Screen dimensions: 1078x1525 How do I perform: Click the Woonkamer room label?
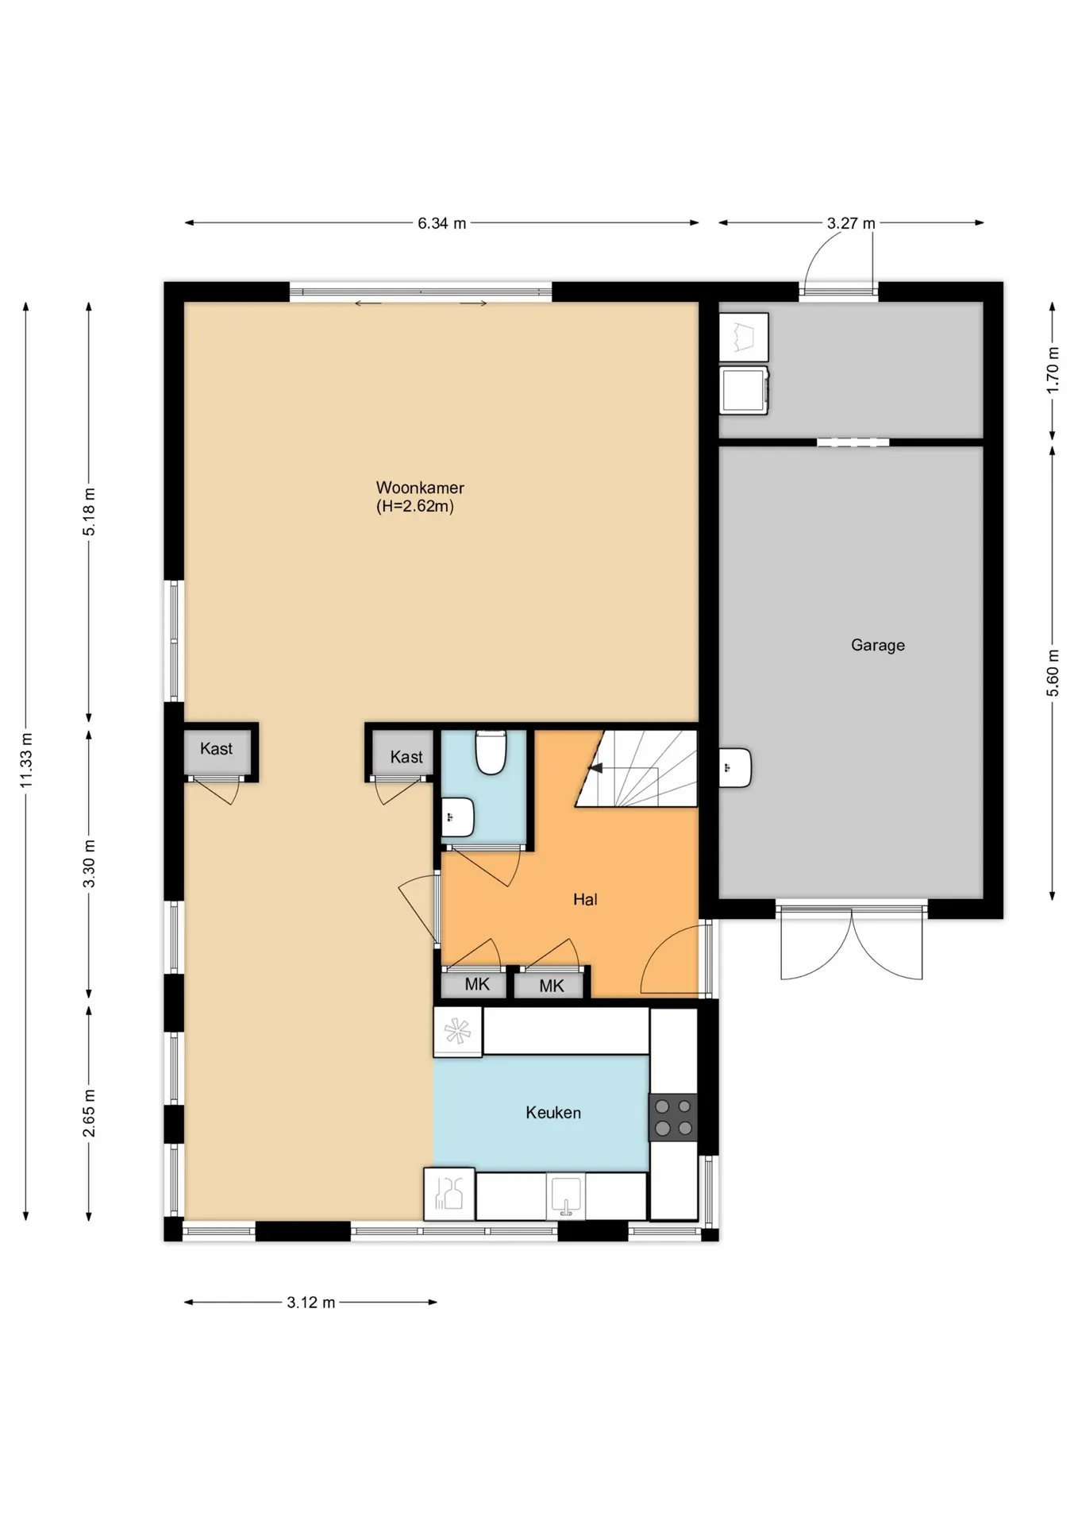coord(420,488)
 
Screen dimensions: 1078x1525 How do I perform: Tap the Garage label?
coord(878,645)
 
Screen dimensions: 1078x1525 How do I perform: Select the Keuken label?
coord(553,1113)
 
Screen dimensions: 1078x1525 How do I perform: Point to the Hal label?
coord(585,899)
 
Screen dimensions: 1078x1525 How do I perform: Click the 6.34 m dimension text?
coord(442,223)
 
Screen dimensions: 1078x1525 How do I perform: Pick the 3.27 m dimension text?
coord(851,223)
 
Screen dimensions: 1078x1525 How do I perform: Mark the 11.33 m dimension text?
coord(26,759)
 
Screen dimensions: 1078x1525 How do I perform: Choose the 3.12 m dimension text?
coord(311,1302)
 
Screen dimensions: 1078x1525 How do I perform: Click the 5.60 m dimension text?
coord(1053,673)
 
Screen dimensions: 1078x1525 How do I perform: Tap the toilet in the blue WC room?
coord(491,752)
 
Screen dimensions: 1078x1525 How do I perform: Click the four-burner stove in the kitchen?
coord(673,1117)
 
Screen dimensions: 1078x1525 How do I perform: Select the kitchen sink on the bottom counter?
coord(565,1196)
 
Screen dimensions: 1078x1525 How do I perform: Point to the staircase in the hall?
coord(637,768)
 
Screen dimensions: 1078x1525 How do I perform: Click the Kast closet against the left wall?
coord(217,751)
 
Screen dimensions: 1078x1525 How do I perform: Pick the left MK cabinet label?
coord(477,985)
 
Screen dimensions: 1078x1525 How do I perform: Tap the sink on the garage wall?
coord(735,767)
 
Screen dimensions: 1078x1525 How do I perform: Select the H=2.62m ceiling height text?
coord(415,507)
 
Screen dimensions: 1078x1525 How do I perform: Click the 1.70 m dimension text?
coord(1053,369)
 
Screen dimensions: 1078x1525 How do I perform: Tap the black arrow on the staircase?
coord(595,768)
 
